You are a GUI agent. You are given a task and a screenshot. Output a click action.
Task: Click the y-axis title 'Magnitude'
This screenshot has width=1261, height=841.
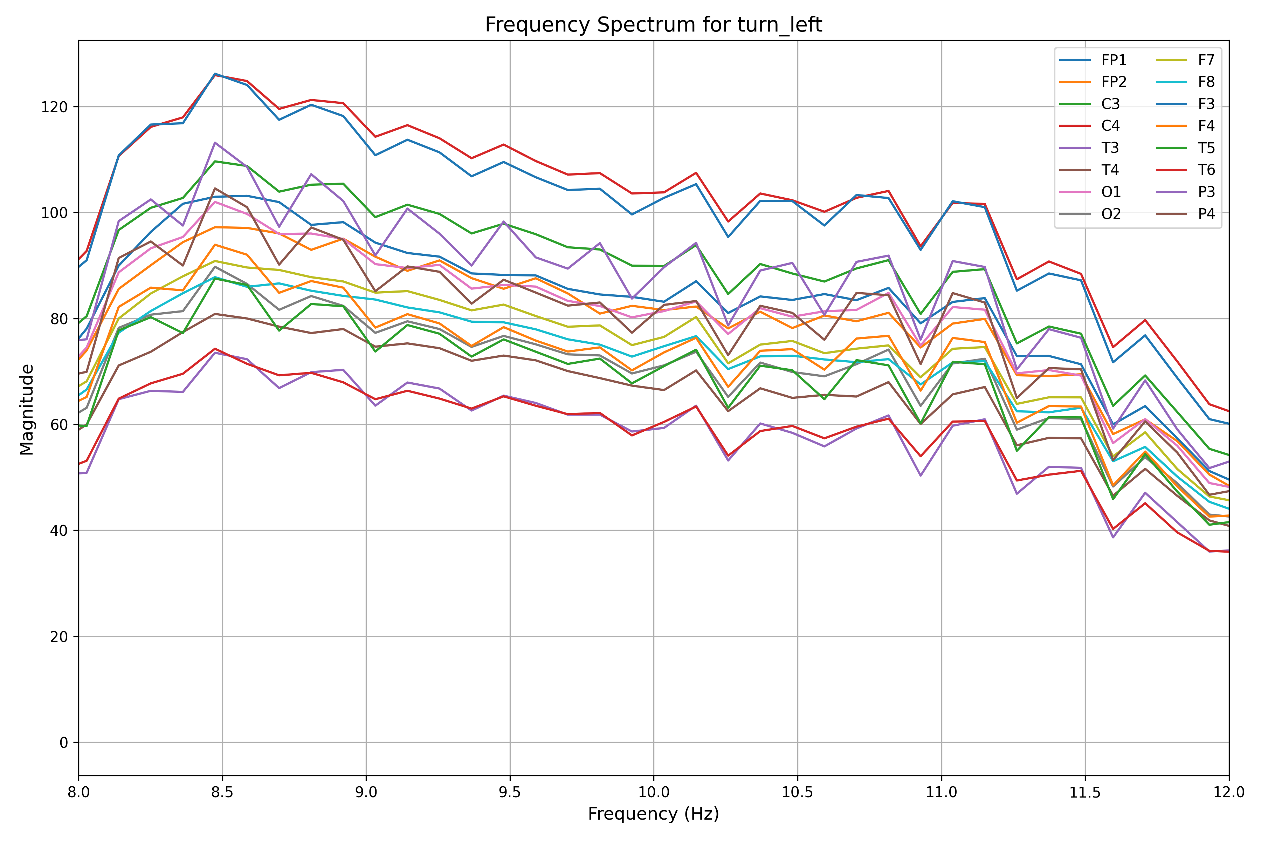click(27, 409)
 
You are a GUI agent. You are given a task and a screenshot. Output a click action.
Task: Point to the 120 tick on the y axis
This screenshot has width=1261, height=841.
click(55, 107)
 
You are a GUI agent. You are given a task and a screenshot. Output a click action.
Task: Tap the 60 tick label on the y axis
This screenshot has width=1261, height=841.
click(59, 425)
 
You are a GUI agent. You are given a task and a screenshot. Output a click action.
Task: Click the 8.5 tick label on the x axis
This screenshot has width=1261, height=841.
click(222, 792)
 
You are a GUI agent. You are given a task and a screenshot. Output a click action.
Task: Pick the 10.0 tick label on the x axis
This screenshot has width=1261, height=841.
click(654, 792)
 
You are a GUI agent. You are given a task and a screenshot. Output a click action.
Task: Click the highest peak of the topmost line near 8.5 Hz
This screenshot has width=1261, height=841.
click(215, 74)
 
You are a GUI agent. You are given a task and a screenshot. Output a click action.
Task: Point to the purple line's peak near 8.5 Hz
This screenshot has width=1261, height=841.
click(215, 143)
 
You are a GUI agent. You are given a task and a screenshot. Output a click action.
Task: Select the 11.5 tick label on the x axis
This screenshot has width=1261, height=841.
click(1085, 792)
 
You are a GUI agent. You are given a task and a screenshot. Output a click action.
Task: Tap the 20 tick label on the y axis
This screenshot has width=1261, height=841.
click(59, 637)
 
